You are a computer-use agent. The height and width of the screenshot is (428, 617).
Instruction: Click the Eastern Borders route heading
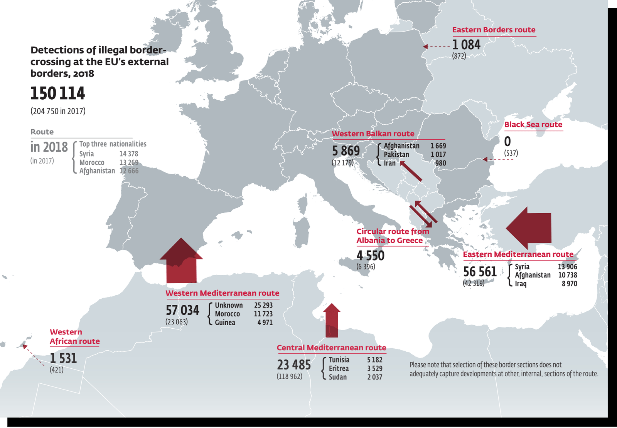tap(494, 30)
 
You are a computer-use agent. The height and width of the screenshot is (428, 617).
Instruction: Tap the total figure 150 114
tap(58, 93)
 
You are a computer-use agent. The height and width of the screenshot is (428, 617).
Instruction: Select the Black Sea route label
tap(533, 125)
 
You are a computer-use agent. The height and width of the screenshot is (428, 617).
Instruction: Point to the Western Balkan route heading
tap(373, 134)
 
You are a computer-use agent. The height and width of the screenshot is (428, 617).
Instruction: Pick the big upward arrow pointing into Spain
tap(181, 261)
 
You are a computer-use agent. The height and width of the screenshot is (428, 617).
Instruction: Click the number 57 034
tap(183, 310)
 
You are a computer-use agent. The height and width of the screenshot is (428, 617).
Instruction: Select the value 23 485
tap(294, 364)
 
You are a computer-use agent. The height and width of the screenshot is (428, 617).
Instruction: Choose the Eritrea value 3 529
tap(374, 368)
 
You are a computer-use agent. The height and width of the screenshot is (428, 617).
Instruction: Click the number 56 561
tap(480, 272)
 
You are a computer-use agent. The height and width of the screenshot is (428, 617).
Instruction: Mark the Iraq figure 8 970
tap(569, 284)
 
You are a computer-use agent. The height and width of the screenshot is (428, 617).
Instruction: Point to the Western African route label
tap(74, 337)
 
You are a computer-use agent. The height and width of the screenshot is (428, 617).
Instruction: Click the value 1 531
tap(64, 358)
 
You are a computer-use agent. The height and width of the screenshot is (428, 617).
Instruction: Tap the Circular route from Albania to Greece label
tap(393, 236)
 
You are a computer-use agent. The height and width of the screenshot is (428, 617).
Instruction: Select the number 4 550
tap(371, 256)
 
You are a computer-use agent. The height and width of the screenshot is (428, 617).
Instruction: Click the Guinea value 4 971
tap(265, 323)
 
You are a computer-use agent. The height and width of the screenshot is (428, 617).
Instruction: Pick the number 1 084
tap(466, 45)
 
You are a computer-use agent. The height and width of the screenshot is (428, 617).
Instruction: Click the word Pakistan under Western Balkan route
tap(396, 154)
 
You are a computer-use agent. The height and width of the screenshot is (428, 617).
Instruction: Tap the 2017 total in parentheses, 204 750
tap(58, 111)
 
